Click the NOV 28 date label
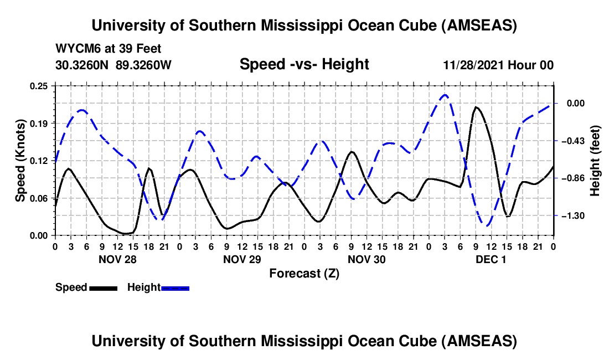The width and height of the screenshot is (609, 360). (x=117, y=259)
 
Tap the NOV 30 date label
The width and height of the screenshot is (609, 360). (x=366, y=259)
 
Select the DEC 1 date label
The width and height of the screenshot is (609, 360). (x=491, y=259)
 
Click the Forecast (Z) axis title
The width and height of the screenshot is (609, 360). (x=304, y=274)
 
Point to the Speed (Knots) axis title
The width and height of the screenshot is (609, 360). (x=20, y=161)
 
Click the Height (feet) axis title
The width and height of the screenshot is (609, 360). (x=595, y=161)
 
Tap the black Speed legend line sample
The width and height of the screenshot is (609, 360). (x=103, y=288)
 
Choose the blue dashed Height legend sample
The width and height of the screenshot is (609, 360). (x=175, y=288)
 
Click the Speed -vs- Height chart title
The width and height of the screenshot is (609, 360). (x=304, y=64)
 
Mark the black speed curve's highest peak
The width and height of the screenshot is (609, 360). (x=476, y=107)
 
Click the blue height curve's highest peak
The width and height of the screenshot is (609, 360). (x=445, y=95)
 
